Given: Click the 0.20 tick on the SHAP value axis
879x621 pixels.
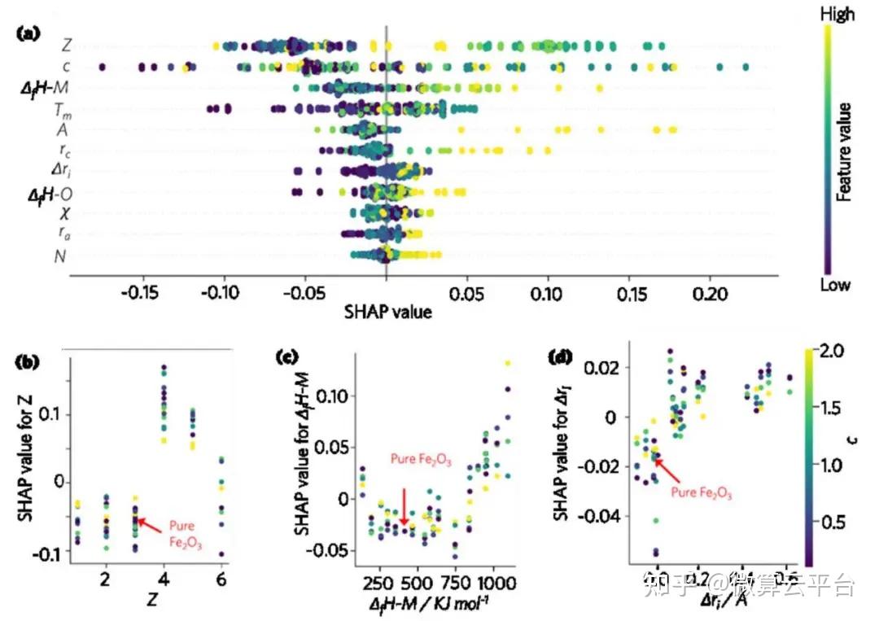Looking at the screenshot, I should click(x=710, y=292).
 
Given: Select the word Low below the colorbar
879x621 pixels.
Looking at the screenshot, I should click(x=835, y=285).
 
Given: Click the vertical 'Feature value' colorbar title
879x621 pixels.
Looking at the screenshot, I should click(x=845, y=151).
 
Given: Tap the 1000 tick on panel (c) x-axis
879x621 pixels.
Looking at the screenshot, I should click(x=492, y=584).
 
